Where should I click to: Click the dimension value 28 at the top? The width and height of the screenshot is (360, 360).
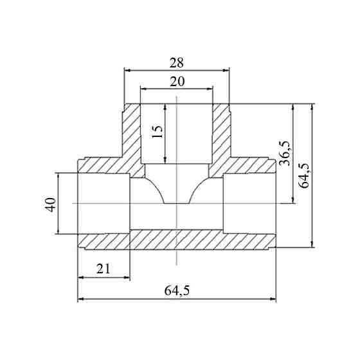177,63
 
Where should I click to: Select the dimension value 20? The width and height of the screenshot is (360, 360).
177,82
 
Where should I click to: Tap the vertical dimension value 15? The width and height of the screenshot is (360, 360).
157,132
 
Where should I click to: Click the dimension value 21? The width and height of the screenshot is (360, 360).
104,269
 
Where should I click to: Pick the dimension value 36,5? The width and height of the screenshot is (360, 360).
285,153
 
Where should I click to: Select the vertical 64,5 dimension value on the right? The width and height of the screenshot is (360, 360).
305,175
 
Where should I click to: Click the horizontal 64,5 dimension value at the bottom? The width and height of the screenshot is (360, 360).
177,291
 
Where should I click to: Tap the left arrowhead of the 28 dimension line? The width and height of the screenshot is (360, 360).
127,70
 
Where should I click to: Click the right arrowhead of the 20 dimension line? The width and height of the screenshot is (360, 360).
210,89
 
